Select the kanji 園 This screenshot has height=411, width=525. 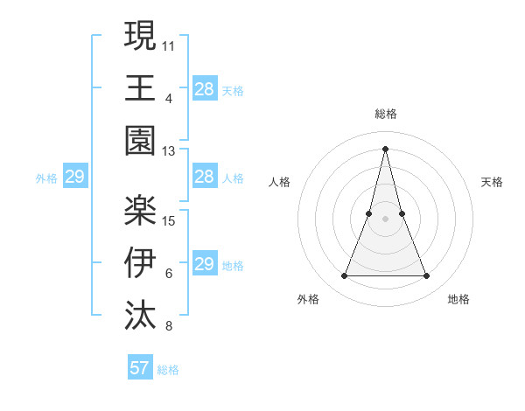(x=141, y=140)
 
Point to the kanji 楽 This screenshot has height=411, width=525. (x=141, y=207)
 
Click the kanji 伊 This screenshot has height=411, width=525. (x=141, y=261)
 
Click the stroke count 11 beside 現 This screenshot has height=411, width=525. (x=169, y=45)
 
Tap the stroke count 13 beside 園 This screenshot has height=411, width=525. (x=169, y=151)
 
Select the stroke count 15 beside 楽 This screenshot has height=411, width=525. (x=169, y=220)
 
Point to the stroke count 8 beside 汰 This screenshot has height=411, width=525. (x=169, y=327)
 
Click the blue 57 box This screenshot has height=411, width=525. (x=139, y=368)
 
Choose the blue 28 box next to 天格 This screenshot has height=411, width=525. (x=204, y=88)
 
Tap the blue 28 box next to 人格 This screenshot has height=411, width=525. (x=204, y=178)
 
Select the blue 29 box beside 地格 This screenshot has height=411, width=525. (x=204, y=264)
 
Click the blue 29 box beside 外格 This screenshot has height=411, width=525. (x=74, y=178)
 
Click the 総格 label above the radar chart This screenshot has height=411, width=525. (x=386, y=114)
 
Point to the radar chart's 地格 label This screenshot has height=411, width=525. (x=458, y=299)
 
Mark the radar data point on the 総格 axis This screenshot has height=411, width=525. (x=386, y=148)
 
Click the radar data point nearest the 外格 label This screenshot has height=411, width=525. (x=344, y=276)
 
